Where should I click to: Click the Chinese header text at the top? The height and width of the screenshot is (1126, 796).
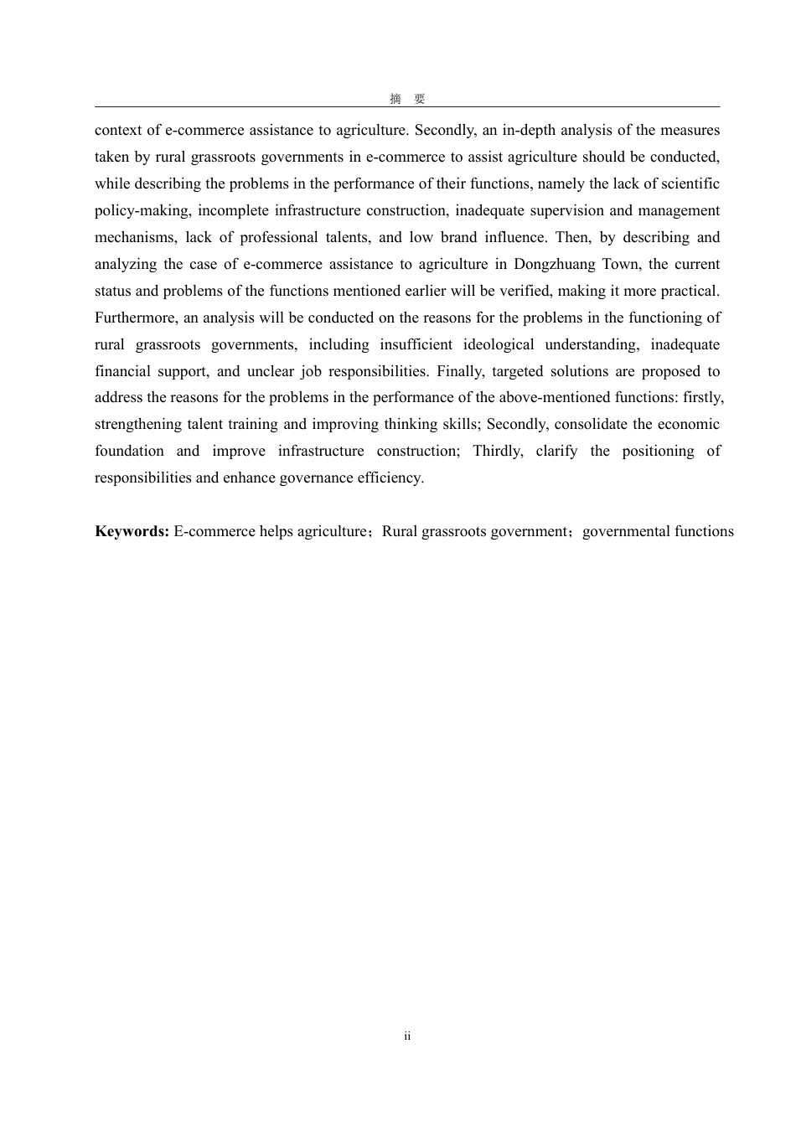click(x=407, y=99)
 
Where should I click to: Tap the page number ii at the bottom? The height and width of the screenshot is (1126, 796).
click(x=407, y=1036)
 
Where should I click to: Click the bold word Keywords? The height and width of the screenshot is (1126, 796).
click(x=132, y=531)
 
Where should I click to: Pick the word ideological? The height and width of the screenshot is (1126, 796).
click(x=499, y=344)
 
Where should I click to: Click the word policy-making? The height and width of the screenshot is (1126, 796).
click(x=142, y=210)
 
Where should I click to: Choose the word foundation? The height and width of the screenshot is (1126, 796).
click(x=129, y=451)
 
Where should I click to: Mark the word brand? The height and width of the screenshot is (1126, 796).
click(x=458, y=237)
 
